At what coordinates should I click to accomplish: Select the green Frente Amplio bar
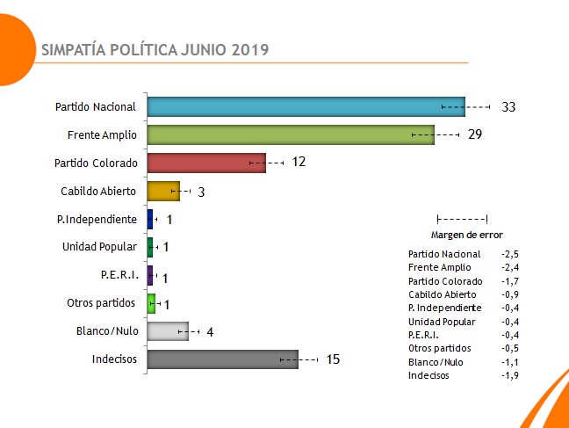(x=290, y=134)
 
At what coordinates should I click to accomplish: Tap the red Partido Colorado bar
(x=205, y=163)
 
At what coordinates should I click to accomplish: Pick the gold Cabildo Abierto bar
(x=162, y=191)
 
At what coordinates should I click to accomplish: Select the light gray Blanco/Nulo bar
(x=167, y=330)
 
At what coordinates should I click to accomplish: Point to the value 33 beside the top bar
(x=508, y=107)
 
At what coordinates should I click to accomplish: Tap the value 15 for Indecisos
(x=332, y=359)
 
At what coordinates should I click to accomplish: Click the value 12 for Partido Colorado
(x=299, y=163)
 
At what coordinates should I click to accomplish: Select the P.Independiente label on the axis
(x=97, y=219)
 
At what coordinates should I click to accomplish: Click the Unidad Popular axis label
(x=99, y=247)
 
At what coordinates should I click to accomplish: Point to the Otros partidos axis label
(x=101, y=303)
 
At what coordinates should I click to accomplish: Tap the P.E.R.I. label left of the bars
(x=118, y=275)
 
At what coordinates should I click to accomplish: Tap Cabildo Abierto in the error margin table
(x=443, y=294)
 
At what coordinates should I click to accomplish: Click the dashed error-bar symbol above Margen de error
(x=462, y=219)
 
